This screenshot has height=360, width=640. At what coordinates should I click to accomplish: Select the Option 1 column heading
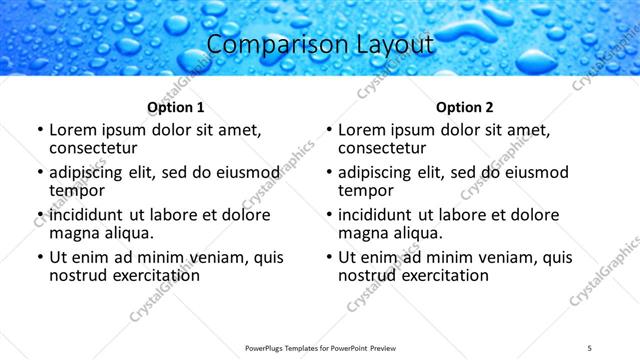click(176, 107)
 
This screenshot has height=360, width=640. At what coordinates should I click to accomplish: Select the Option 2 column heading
click(465, 107)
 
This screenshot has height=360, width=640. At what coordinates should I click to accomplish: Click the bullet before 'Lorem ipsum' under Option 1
click(39, 130)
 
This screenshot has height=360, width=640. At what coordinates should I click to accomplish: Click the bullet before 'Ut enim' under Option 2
click(328, 257)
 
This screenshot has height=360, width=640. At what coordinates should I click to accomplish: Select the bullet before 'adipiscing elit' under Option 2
click(328, 172)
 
